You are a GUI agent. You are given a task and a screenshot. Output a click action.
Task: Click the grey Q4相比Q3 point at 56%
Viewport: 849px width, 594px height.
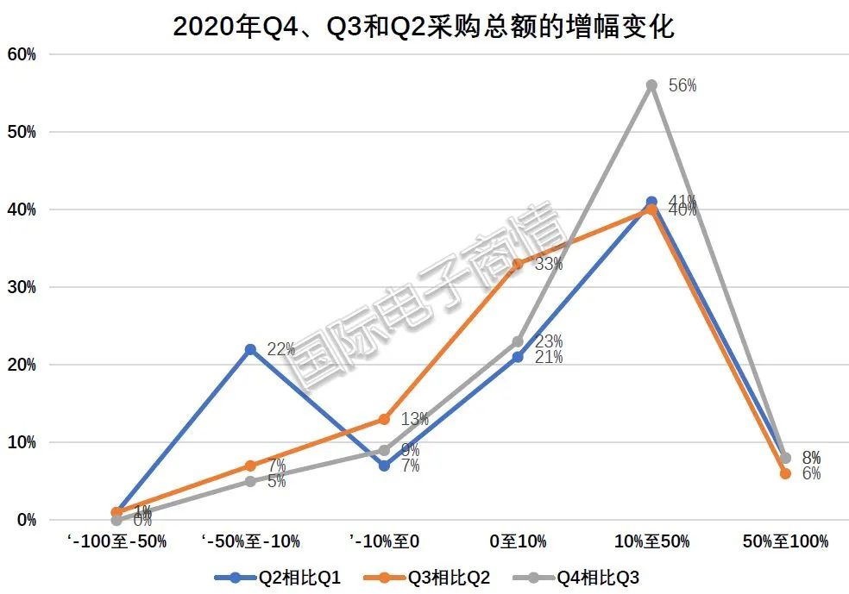click(651, 85)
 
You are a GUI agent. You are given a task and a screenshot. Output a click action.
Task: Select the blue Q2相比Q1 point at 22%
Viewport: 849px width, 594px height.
click(250, 349)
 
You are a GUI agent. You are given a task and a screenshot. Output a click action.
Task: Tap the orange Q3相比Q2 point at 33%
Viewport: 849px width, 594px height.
click(518, 264)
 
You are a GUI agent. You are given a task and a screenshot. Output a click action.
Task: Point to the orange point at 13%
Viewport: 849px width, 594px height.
click(384, 419)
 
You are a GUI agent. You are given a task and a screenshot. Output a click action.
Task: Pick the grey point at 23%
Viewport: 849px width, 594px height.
click(518, 341)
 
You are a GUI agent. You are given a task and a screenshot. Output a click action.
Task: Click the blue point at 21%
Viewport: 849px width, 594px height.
click(518, 357)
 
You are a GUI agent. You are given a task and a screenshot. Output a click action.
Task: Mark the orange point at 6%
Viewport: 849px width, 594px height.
click(785, 473)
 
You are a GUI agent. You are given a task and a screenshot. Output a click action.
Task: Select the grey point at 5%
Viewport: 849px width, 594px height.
click(250, 481)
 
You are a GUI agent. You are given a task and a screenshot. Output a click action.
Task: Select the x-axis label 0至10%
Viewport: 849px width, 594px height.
click(518, 541)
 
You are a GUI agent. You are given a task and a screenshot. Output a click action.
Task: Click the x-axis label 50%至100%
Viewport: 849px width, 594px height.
click(785, 541)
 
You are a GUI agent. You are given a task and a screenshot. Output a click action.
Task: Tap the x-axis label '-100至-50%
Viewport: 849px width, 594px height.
click(116, 541)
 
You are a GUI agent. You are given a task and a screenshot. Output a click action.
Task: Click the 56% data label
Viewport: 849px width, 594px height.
click(682, 86)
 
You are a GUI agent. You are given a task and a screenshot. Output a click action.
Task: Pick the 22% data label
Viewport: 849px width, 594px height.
click(281, 349)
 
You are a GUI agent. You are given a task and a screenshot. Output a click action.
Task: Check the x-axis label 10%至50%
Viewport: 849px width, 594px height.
click(651, 541)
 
